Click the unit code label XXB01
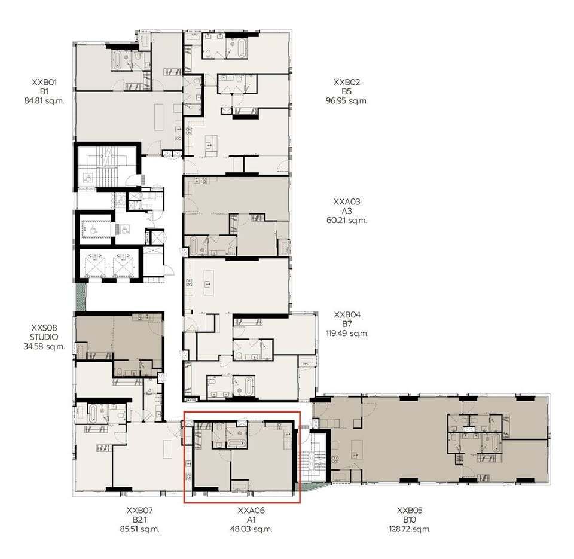tap(44, 82)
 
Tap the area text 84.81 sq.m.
tap(44, 100)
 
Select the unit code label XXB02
tap(347, 82)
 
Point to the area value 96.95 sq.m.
tap(347, 100)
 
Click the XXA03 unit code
tap(347, 201)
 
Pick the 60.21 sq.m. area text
tap(347, 221)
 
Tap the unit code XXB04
tap(347, 315)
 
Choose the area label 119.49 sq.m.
tap(347, 334)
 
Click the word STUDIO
tap(44, 337)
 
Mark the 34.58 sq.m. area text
tap(44, 346)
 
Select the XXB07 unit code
tap(139, 511)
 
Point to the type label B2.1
tap(139, 520)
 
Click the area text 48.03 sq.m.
tap(251, 529)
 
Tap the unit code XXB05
tap(410, 511)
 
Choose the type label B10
tap(410, 520)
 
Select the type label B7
tap(347, 324)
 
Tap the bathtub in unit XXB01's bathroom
tap(118, 60)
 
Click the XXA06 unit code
tap(251, 511)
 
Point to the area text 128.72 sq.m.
tap(410, 529)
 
